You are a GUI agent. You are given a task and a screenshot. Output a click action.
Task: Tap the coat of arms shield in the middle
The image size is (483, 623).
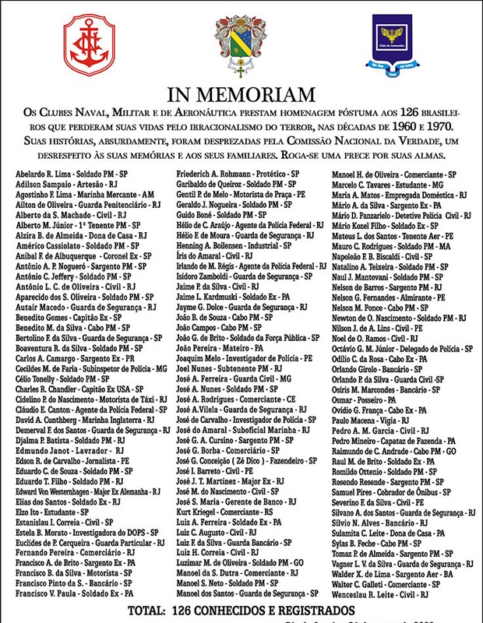(241, 47)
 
